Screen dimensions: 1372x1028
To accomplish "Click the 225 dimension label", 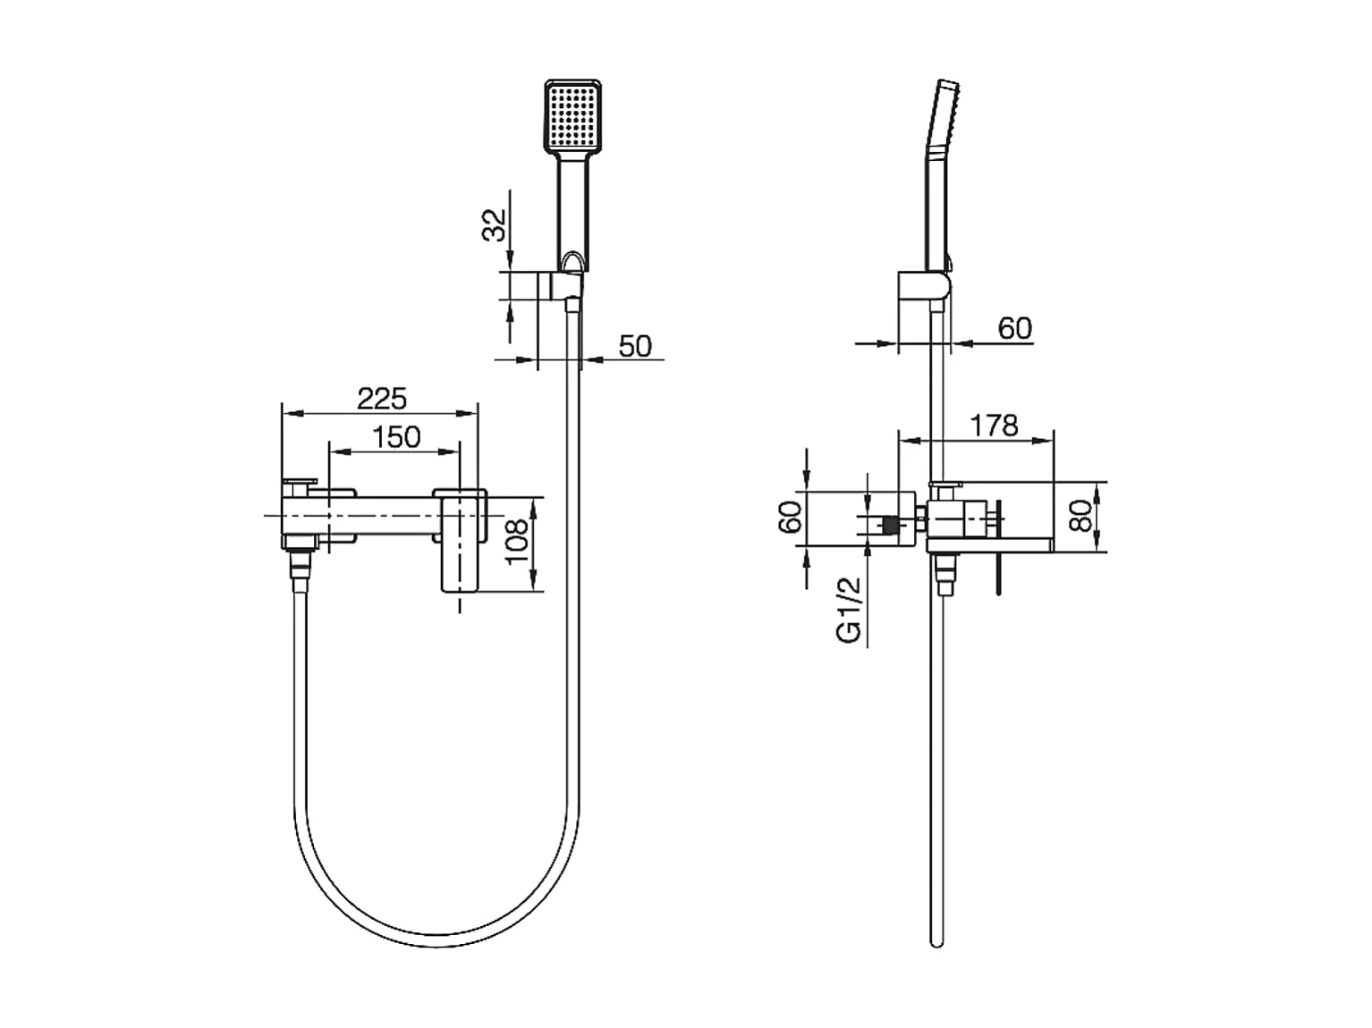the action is [x=381, y=398].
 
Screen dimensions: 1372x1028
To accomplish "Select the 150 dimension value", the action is [x=395, y=437].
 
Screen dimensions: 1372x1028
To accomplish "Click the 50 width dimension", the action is [x=635, y=345].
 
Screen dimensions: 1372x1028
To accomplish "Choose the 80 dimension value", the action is [x=1082, y=516].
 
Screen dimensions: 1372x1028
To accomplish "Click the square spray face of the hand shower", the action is [x=572, y=115].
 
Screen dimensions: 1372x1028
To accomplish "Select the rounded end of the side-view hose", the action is [x=936, y=940].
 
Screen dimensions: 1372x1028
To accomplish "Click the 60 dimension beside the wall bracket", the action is [x=1014, y=329].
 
